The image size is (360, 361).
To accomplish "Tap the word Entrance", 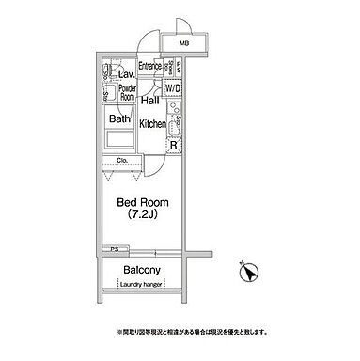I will [x=151, y=66].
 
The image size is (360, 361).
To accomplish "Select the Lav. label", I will [x=125, y=72].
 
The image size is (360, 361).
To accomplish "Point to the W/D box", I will [x=173, y=88].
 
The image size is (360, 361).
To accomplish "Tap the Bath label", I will [x=118, y=119].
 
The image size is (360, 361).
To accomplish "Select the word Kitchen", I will [x=152, y=123].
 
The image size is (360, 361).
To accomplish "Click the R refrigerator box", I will [x=173, y=146].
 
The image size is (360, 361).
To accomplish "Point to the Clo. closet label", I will [x=122, y=161].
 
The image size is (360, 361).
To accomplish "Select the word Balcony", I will [x=141, y=271].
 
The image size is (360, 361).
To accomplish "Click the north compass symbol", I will [x=249, y=270].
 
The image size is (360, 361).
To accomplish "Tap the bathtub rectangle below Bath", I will [x=120, y=140].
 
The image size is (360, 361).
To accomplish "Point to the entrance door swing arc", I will [x=148, y=42].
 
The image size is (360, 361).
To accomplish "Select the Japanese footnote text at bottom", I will [x=179, y=331].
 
